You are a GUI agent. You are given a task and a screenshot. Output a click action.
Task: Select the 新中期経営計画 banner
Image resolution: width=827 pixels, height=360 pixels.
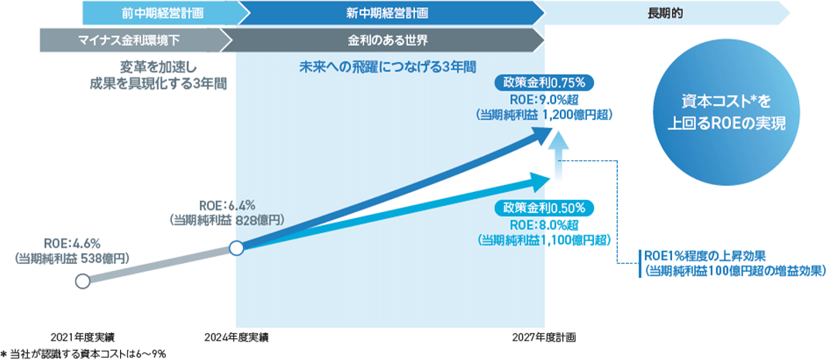coord(387,13)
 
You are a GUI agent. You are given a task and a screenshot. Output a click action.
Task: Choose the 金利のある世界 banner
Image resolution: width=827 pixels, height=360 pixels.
coord(387,39)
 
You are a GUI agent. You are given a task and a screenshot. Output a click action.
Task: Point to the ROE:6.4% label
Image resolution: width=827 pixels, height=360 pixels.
coord(227,205)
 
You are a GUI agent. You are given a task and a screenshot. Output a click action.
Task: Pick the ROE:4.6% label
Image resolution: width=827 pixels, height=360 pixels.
coord(73,242)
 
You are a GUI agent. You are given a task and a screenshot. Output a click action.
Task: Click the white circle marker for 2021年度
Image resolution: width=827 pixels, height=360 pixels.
coord(82,281)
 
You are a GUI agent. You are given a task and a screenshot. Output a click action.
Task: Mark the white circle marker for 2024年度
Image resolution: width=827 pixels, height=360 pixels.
coord(237,249)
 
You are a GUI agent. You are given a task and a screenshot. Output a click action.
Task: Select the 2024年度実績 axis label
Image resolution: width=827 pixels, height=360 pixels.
coord(237,337)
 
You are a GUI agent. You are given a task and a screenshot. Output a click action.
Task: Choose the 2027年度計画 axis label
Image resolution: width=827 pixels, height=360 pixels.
coord(544,337)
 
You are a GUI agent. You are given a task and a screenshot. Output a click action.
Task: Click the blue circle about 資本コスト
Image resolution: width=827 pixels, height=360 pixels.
coord(722,113)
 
